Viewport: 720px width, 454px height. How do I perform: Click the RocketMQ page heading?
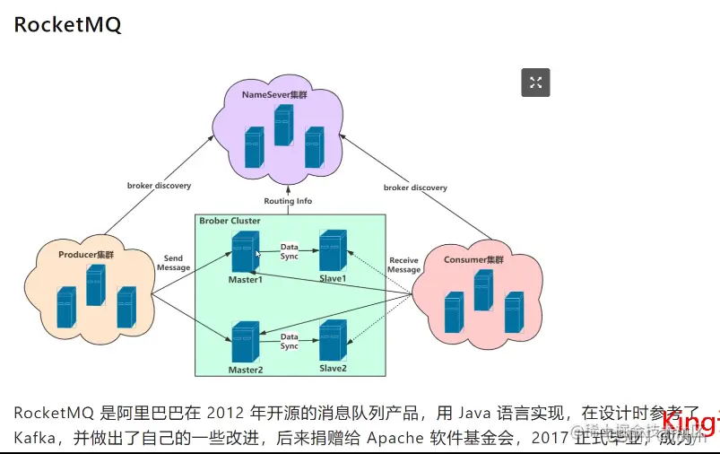coord(67,24)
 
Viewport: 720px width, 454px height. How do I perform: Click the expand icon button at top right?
coord(535,83)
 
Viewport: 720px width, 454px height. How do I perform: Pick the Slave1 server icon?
coord(333,250)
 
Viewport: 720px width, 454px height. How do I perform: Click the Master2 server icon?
coord(245,341)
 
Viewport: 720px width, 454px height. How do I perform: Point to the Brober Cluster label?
coord(230,221)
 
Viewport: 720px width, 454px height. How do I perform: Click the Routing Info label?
coord(288,201)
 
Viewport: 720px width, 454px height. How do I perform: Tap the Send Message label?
coord(173,263)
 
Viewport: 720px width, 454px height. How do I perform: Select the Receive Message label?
coord(403,265)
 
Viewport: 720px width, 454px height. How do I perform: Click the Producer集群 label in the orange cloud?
coord(86,255)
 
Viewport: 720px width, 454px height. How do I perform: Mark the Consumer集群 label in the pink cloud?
coord(473,259)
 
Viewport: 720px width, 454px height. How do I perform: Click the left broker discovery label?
coord(159,186)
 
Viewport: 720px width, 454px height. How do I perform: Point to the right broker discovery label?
coord(415,188)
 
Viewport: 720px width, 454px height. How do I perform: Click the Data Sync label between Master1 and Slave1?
coord(289,250)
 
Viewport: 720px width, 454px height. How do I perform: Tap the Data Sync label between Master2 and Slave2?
coord(289,341)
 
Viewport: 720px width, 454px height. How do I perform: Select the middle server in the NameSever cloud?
coord(284,125)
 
